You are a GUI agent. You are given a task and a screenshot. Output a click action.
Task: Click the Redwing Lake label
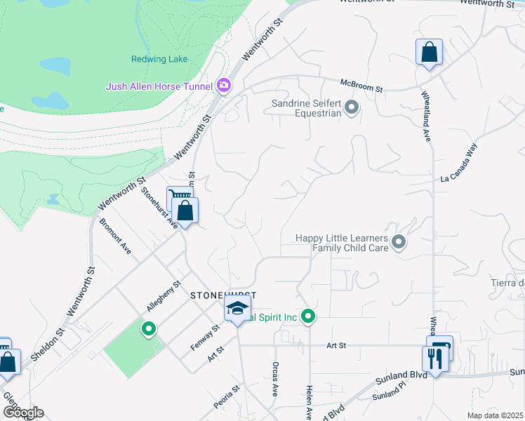pos(159,60)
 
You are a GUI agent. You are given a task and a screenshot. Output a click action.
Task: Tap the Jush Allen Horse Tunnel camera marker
pos(224,86)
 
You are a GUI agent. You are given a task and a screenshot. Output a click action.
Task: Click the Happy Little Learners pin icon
pos(399,242)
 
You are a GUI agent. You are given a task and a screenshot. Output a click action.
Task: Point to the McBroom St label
pos(361,86)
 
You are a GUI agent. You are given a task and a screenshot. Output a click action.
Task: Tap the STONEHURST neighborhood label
pos(223,296)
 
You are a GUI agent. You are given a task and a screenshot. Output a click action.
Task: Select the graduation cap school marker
pos(237,308)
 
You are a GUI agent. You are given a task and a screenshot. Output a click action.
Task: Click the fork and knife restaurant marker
pos(435,360)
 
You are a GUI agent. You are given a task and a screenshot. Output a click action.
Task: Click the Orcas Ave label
pos(274,380)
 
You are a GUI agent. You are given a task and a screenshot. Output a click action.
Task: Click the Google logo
pos(22,412)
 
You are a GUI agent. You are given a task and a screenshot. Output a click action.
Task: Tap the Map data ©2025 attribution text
pos(495,415)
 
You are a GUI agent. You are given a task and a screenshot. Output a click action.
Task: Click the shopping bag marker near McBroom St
pos(429,53)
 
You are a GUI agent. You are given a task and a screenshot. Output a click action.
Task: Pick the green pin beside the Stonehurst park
pos(148,328)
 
